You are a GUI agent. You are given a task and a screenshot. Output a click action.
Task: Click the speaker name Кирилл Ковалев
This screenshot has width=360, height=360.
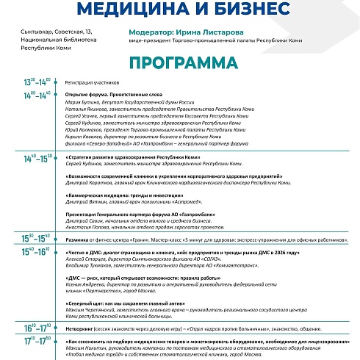click(x=82, y=137)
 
